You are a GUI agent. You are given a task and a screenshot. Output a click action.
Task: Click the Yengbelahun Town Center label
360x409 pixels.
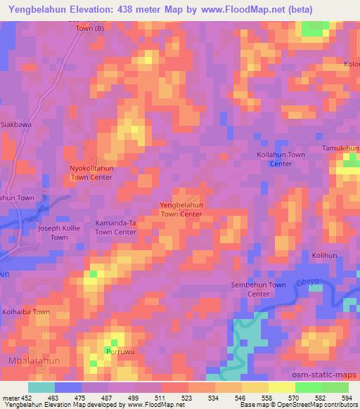click(x=181, y=209)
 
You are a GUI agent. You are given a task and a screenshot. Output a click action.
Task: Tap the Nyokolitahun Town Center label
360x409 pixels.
click(x=91, y=174)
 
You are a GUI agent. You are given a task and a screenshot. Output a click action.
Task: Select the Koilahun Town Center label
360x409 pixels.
click(x=281, y=159)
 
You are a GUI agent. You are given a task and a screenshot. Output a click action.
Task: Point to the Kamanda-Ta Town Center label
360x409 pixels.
click(x=116, y=227)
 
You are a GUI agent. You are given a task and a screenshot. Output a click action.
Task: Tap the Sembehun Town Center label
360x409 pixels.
click(x=259, y=289)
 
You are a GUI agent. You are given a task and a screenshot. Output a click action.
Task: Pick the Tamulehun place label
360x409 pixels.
click(x=340, y=148)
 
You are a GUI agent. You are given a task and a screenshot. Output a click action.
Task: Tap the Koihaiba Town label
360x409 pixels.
click(x=26, y=311)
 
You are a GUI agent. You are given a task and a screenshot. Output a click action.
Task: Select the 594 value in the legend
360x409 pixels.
click(x=345, y=398)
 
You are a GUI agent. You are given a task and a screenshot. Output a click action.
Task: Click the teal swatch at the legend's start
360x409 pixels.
click(x=41, y=387)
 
